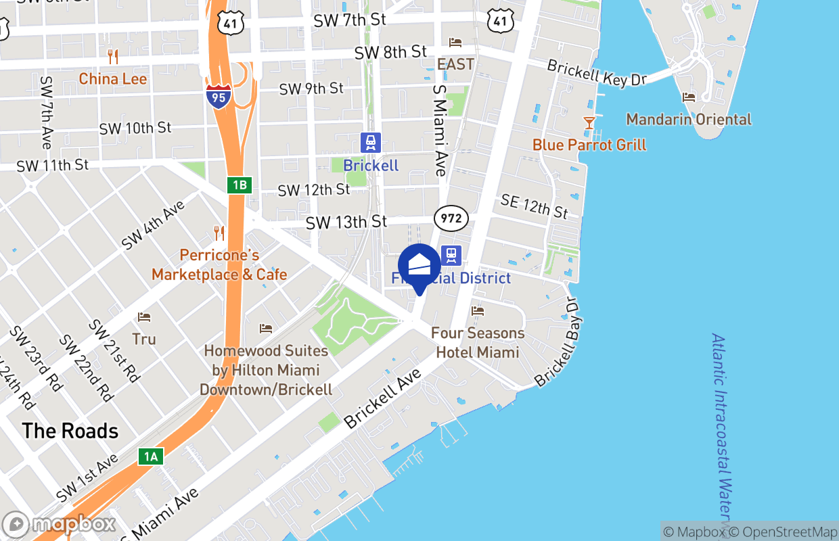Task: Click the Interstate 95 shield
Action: (219, 97)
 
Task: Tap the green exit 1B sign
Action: (240, 185)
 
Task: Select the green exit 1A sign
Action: (150, 456)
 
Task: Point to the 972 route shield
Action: (451, 218)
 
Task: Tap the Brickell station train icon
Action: (371, 143)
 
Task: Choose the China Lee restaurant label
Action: (113, 78)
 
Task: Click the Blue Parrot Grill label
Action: (589, 145)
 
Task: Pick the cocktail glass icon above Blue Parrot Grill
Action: (589, 123)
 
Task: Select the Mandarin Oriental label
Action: (689, 119)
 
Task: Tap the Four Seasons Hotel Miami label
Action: (478, 342)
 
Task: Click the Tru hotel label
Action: (143, 339)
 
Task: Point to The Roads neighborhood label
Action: (70, 431)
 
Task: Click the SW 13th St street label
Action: (346, 222)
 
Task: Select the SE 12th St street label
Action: (535, 206)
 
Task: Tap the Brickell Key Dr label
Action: (597, 73)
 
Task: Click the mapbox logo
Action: (60, 525)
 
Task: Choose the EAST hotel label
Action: (455, 64)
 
